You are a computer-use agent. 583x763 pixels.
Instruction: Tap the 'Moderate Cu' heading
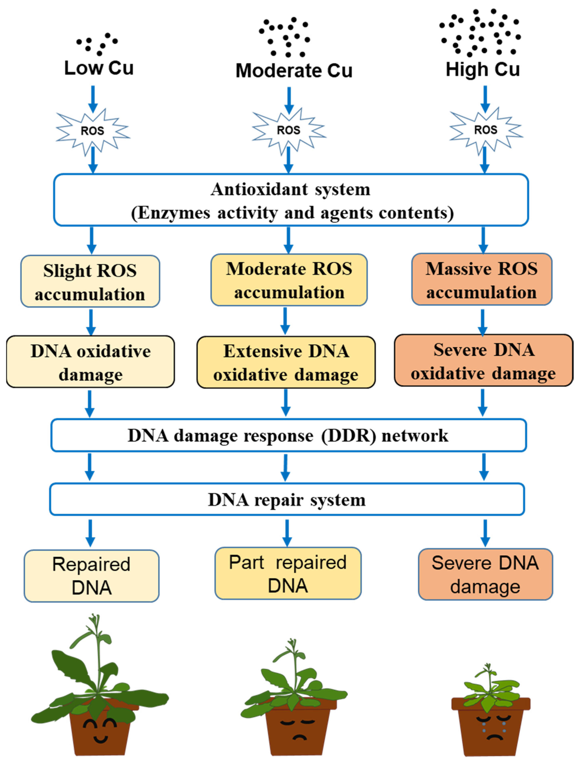click(294, 71)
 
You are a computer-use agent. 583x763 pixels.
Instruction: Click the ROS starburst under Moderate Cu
click(288, 130)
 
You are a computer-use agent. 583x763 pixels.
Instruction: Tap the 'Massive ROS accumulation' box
click(482, 280)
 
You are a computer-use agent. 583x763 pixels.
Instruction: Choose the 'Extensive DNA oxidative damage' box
click(286, 362)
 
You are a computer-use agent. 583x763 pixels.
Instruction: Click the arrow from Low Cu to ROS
click(93, 99)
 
